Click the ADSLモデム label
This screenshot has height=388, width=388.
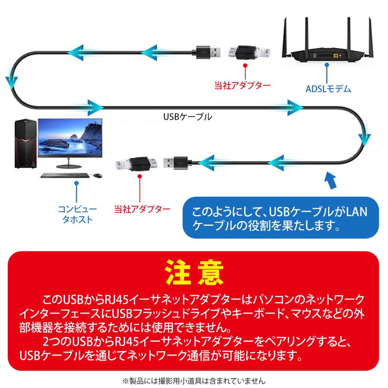pyautogui.click(x=328, y=89)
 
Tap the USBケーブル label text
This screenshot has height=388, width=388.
pyautogui.click(x=188, y=116)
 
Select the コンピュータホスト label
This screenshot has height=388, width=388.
pyautogui.click(x=77, y=214)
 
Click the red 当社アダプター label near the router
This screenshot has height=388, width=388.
pyautogui.click(x=242, y=86)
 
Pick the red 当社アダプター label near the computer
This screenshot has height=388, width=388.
pyautogui.click(x=142, y=209)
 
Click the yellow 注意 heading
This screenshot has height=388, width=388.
pyautogui.click(x=194, y=272)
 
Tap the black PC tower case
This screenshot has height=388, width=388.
pyautogui.click(x=25, y=144)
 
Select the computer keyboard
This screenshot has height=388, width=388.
pyautogui.click(x=65, y=175)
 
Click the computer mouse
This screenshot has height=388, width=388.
pyautogui.click(x=97, y=176)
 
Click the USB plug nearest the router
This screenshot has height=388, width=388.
pyautogui.click(x=209, y=52)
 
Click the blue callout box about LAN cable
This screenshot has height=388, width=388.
pyautogui.click(x=280, y=218)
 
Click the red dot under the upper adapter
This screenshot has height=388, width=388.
pyautogui.click(x=245, y=66)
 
